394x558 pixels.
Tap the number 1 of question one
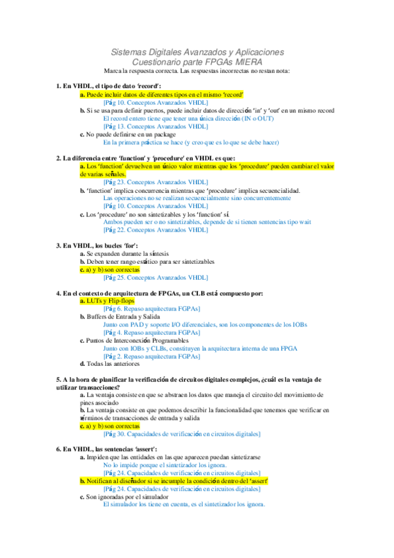(x=59, y=86)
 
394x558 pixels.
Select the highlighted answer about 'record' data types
(x=161, y=95)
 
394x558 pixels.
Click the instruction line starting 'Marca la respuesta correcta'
(x=197, y=70)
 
